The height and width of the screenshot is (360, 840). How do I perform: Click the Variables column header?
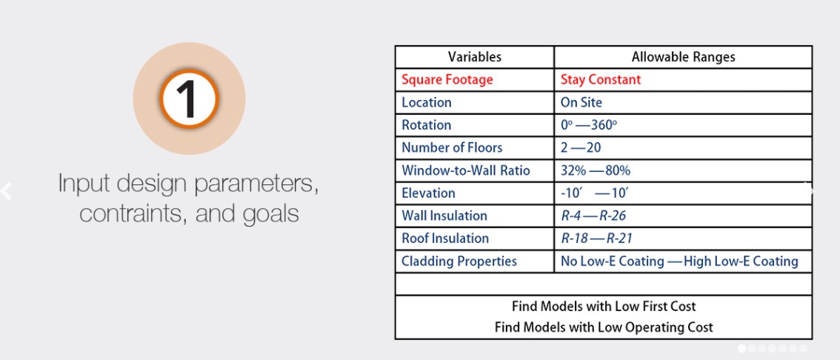point(475,57)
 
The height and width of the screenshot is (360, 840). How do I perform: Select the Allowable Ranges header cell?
point(683,57)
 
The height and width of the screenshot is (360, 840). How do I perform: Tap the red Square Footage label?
point(447,80)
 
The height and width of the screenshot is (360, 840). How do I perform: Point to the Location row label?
point(427,102)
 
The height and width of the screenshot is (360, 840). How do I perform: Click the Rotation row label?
point(427,125)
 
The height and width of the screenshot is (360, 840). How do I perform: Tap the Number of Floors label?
point(452,147)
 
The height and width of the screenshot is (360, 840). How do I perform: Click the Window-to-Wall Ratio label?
point(465,170)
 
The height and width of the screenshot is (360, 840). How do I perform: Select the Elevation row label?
point(428,193)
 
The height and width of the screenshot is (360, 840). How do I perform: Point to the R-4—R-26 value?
point(593,216)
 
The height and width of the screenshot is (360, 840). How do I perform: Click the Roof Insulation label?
point(445,238)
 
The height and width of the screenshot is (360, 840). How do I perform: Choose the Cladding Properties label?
point(459,261)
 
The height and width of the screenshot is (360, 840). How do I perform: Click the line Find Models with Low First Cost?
point(604,307)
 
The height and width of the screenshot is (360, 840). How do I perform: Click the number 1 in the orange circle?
point(189,99)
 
